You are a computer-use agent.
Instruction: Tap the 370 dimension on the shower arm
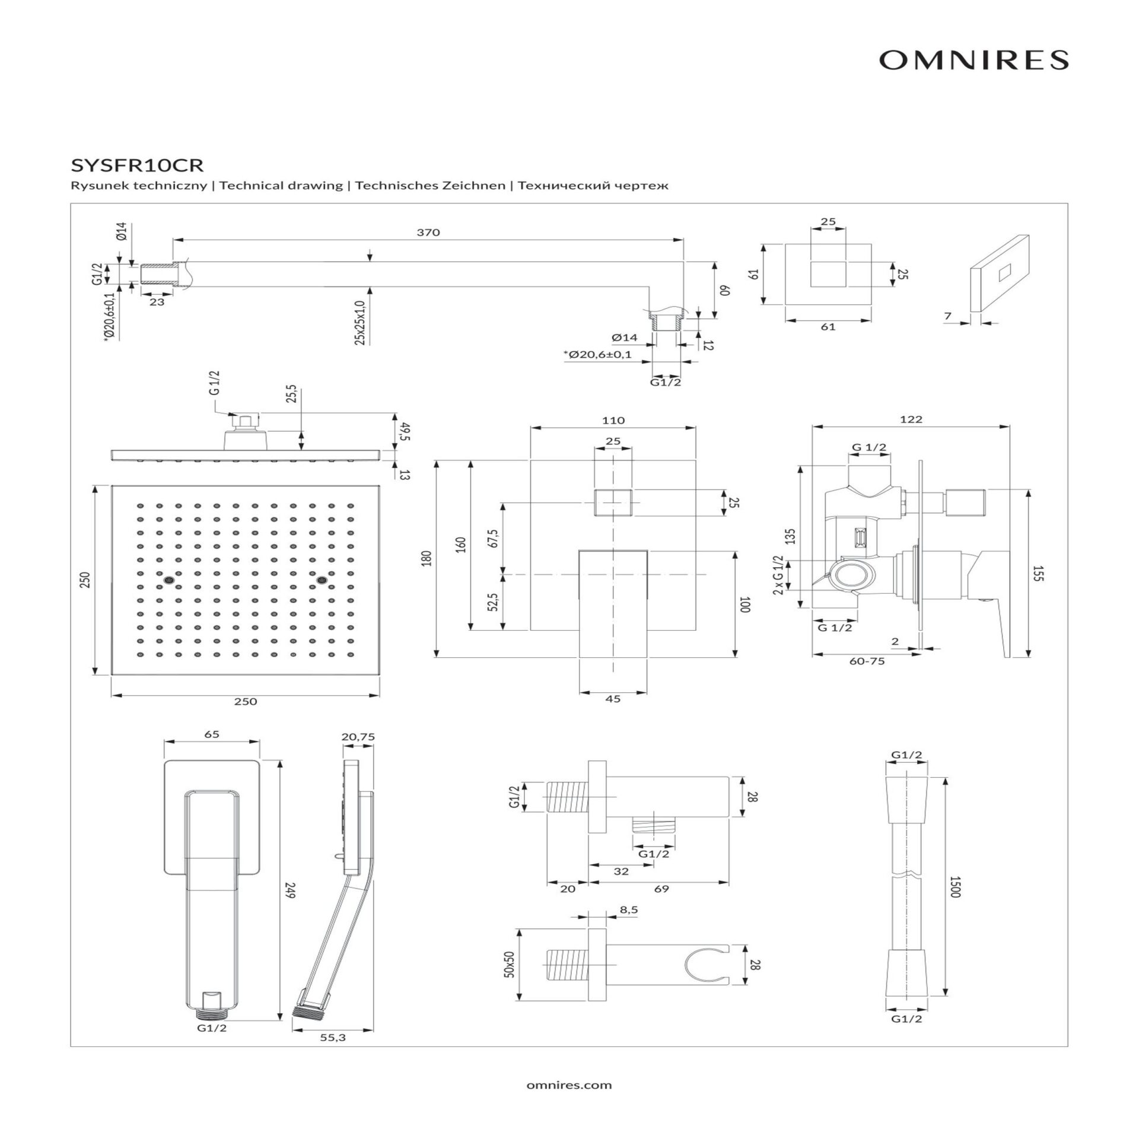(x=428, y=233)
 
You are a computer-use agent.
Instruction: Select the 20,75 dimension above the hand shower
(x=358, y=737)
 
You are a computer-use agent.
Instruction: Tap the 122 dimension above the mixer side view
(x=911, y=419)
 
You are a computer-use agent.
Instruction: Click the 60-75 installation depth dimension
(x=867, y=661)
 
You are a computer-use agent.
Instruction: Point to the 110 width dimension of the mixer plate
(x=613, y=421)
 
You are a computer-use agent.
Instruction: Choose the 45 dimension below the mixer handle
(x=613, y=699)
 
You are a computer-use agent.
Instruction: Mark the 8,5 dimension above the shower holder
(x=628, y=910)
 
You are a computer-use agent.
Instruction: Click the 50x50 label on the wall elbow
(x=508, y=965)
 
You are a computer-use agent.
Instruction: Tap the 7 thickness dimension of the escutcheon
(x=947, y=316)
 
